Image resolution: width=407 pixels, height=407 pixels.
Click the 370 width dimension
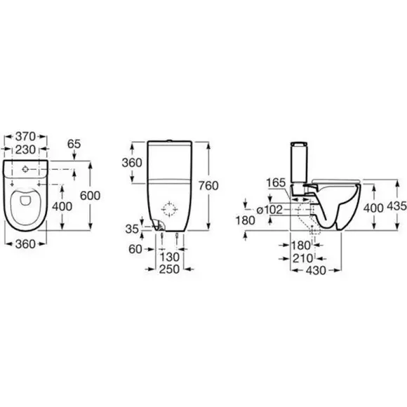point(25,136)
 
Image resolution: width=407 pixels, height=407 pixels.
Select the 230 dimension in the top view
point(25,149)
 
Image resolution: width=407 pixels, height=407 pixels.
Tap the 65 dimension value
point(74,144)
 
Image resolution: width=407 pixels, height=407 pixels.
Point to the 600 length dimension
point(90,196)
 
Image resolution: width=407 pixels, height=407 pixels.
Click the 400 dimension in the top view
point(62,206)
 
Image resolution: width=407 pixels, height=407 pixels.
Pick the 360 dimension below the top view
point(25,244)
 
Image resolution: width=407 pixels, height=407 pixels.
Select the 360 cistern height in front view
point(132,163)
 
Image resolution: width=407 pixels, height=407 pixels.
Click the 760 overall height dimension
point(208,186)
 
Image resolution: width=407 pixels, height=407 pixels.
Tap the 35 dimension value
point(132,229)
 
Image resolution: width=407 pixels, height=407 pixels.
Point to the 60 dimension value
point(135,249)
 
